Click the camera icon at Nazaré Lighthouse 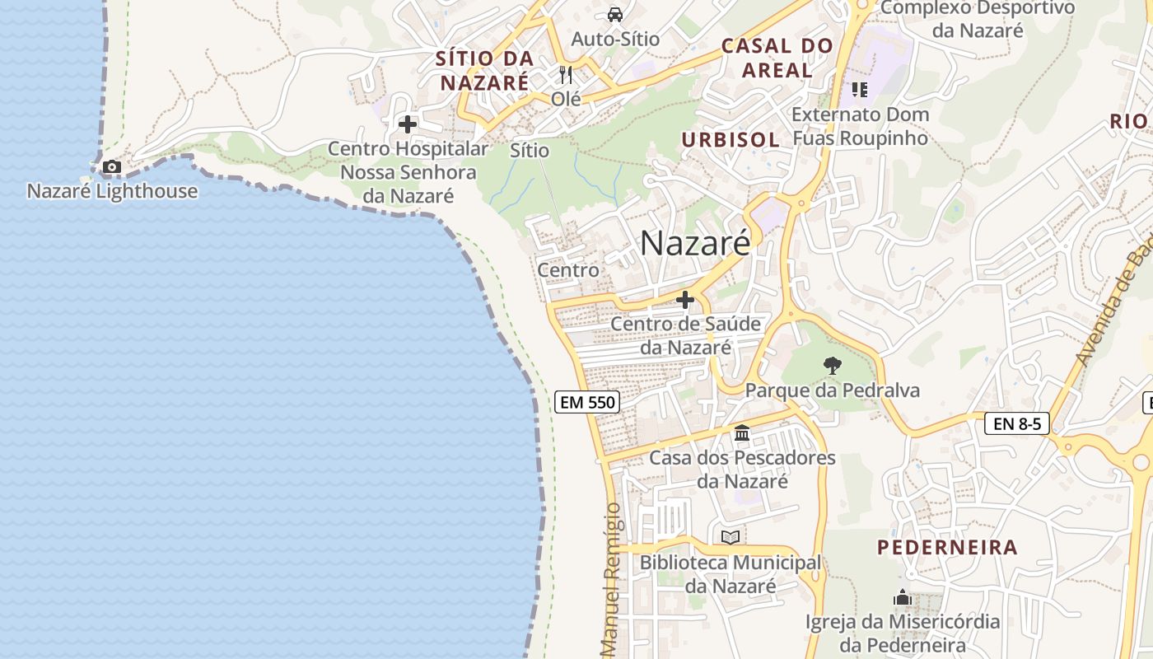(x=112, y=167)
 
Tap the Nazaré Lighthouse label (x=113, y=191)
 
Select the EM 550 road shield (x=587, y=402)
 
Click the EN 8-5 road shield (x=1017, y=424)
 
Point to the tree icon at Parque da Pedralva (x=833, y=365)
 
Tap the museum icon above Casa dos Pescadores (x=742, y=432)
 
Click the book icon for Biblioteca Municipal (x=731, y=537)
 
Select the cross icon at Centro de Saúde (x=684, y=300)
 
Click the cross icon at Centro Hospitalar (x=408, y=125)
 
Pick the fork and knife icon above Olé (x=566, y=75)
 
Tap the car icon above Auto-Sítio (x=615, y=14)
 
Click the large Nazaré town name (x=695, y=243)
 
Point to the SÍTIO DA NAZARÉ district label (x=484, y=71)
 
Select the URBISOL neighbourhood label (x=731, y=140)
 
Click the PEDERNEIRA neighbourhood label (x=947, y=547)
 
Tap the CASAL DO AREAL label (x=777, y=58)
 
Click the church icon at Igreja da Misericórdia (x=903, y=597)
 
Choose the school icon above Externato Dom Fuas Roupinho (x=860, y=89)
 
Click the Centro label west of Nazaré (x=568, y=270)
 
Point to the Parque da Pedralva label (x=833, y=390)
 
